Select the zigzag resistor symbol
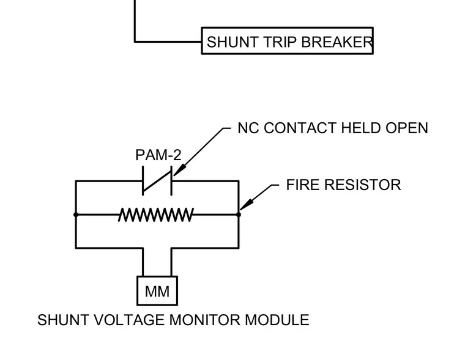pyautogui.click(x=156, y=215)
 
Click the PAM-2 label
pyautogui.click(x=158, y=155)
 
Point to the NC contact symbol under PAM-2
pyautogui.click(x=157, y=181)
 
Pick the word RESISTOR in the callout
pyautogui.click(x=362, y=185)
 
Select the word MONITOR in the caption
pyautogui.click(x=204, y=320)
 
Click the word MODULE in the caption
pyautogui.click(x=277, y=320)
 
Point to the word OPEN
pyautogui.click(x=407, y=128)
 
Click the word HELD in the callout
pyautogui.click(x=361, y=128)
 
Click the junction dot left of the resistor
pyautogui.click(x=76, y=215)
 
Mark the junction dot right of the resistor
pyautogui.click(x=239, y=215)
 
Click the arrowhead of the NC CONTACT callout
pyautogui.click(x=179, y=171)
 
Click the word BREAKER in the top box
pyautogui.click(x=337, y=42)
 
